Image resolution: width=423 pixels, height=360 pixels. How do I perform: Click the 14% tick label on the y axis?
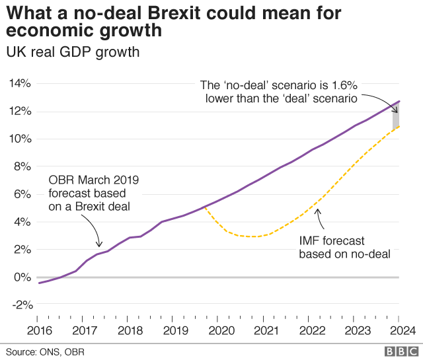[20, 83]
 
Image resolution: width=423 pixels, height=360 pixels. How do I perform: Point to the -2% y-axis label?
[22, 305]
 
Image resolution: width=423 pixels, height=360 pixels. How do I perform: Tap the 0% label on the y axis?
[22, 277]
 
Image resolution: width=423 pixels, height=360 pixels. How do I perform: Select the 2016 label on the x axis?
[40, 331]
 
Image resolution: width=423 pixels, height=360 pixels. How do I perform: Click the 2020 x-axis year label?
[221, 331]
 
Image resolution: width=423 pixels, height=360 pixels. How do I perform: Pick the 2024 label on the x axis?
[403, 331]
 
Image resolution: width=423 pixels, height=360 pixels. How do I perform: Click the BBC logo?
[401, 351]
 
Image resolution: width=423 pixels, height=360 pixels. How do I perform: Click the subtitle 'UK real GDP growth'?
[73, 52]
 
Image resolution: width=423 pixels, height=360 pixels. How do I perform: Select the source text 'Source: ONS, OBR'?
[46, 352]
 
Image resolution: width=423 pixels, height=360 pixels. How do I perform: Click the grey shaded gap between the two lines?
[396, 116]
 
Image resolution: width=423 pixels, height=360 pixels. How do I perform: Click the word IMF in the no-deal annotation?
[309, 241]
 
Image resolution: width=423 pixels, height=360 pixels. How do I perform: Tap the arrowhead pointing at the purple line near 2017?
[99, 244]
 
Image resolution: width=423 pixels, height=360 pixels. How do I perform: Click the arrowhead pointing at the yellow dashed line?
[317, 211]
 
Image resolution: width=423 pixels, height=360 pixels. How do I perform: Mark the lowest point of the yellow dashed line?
[254, 236]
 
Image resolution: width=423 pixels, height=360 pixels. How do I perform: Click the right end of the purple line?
[399, 101]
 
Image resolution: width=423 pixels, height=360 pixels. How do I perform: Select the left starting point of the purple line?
[40, 283]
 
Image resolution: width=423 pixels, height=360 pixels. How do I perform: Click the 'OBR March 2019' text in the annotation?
[94, 180]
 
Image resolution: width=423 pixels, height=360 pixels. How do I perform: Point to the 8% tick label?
[22, 166]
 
